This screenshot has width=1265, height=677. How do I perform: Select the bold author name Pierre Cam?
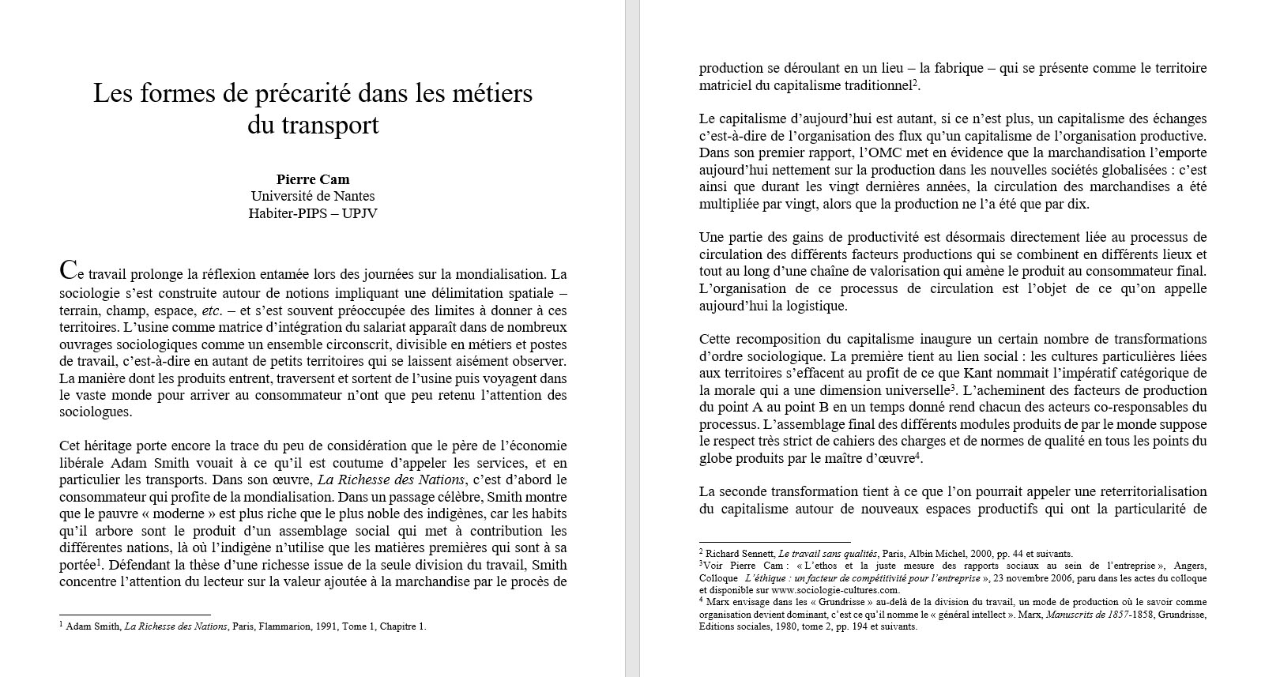(x=313, y=179)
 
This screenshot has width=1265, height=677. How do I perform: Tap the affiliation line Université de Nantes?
(x=313, y=196)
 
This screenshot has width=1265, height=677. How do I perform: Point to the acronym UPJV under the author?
(x=360, y=213)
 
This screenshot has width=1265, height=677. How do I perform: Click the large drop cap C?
(x=68, y=271)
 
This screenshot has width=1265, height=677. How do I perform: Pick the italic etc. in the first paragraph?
(x=212, y=310)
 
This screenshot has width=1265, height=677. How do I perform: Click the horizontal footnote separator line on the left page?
(x=135, y=615)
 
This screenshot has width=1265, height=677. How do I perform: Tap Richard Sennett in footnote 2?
(x=736, y=554)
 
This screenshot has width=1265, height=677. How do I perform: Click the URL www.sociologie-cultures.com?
(x=835, y=590)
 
